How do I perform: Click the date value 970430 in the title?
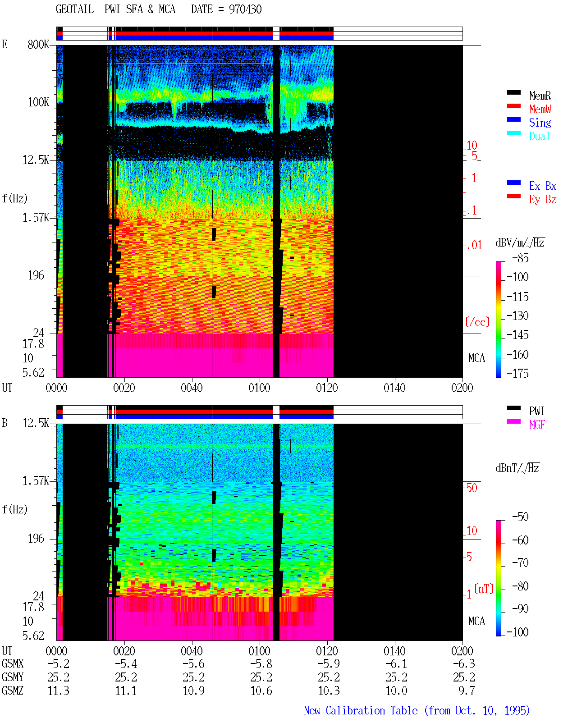tap(245, 9)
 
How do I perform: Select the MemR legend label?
tap(540, 96)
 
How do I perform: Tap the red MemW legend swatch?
tap(513, 106)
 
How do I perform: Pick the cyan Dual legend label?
tap(539, 136)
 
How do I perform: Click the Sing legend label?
tap(540, 123)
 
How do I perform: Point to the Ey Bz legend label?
tap(542, 200)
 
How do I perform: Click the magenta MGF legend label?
tap(537, 425)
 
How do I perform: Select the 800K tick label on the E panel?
tap(38, 44)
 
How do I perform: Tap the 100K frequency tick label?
tap(38, 102)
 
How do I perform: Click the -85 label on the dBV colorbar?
tap(520, 258)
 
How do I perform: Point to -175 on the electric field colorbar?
tap(517, 373)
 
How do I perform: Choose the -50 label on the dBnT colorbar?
tap(520, 517)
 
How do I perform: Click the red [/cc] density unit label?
tap(477, 322)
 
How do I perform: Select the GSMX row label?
tap(13, 663)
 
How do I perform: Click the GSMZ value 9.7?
tap(466, 691)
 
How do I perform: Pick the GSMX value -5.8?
tap(261, 663)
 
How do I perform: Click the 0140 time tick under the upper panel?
tap(394, 388)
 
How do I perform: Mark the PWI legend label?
tap(537, 411)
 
